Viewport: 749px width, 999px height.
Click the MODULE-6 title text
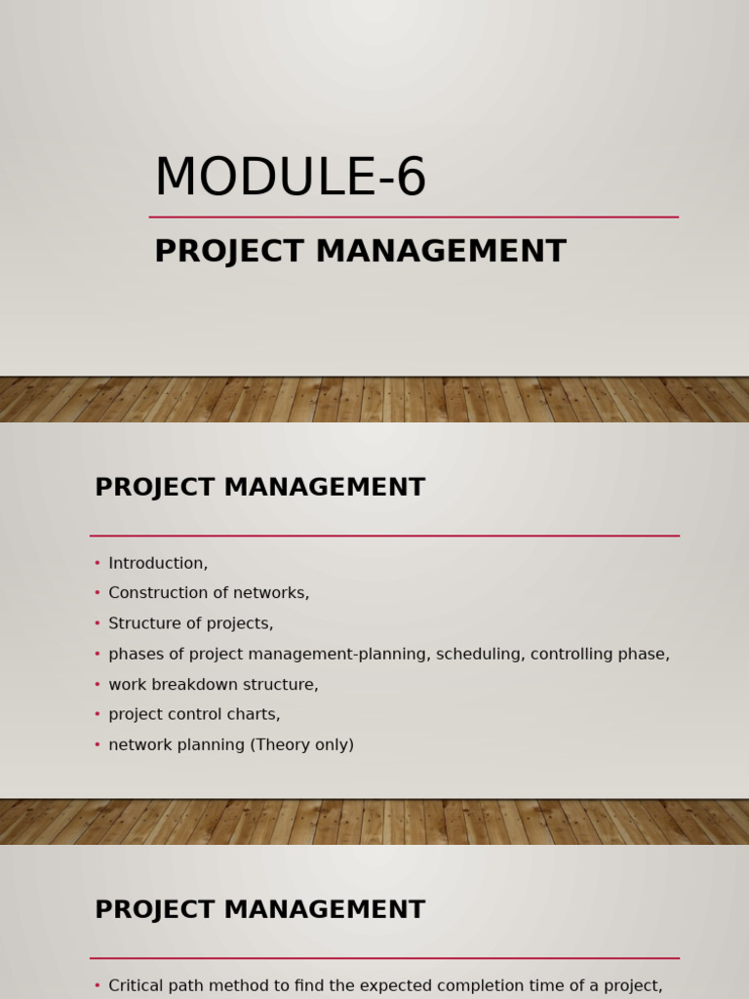point(290,179)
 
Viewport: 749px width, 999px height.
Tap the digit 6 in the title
point(412,179)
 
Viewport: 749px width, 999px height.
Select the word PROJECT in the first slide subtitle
point(229,252)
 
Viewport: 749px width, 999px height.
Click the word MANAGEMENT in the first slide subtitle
point(441,252)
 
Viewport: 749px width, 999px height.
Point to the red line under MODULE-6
point(414,217)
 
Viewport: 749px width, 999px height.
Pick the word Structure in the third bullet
point(142,623)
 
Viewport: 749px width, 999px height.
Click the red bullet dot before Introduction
point(98,563)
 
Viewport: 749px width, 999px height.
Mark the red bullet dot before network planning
point(98,745)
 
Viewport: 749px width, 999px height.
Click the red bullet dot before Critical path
point(98,985)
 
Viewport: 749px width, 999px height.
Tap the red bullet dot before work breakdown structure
point(98,685)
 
